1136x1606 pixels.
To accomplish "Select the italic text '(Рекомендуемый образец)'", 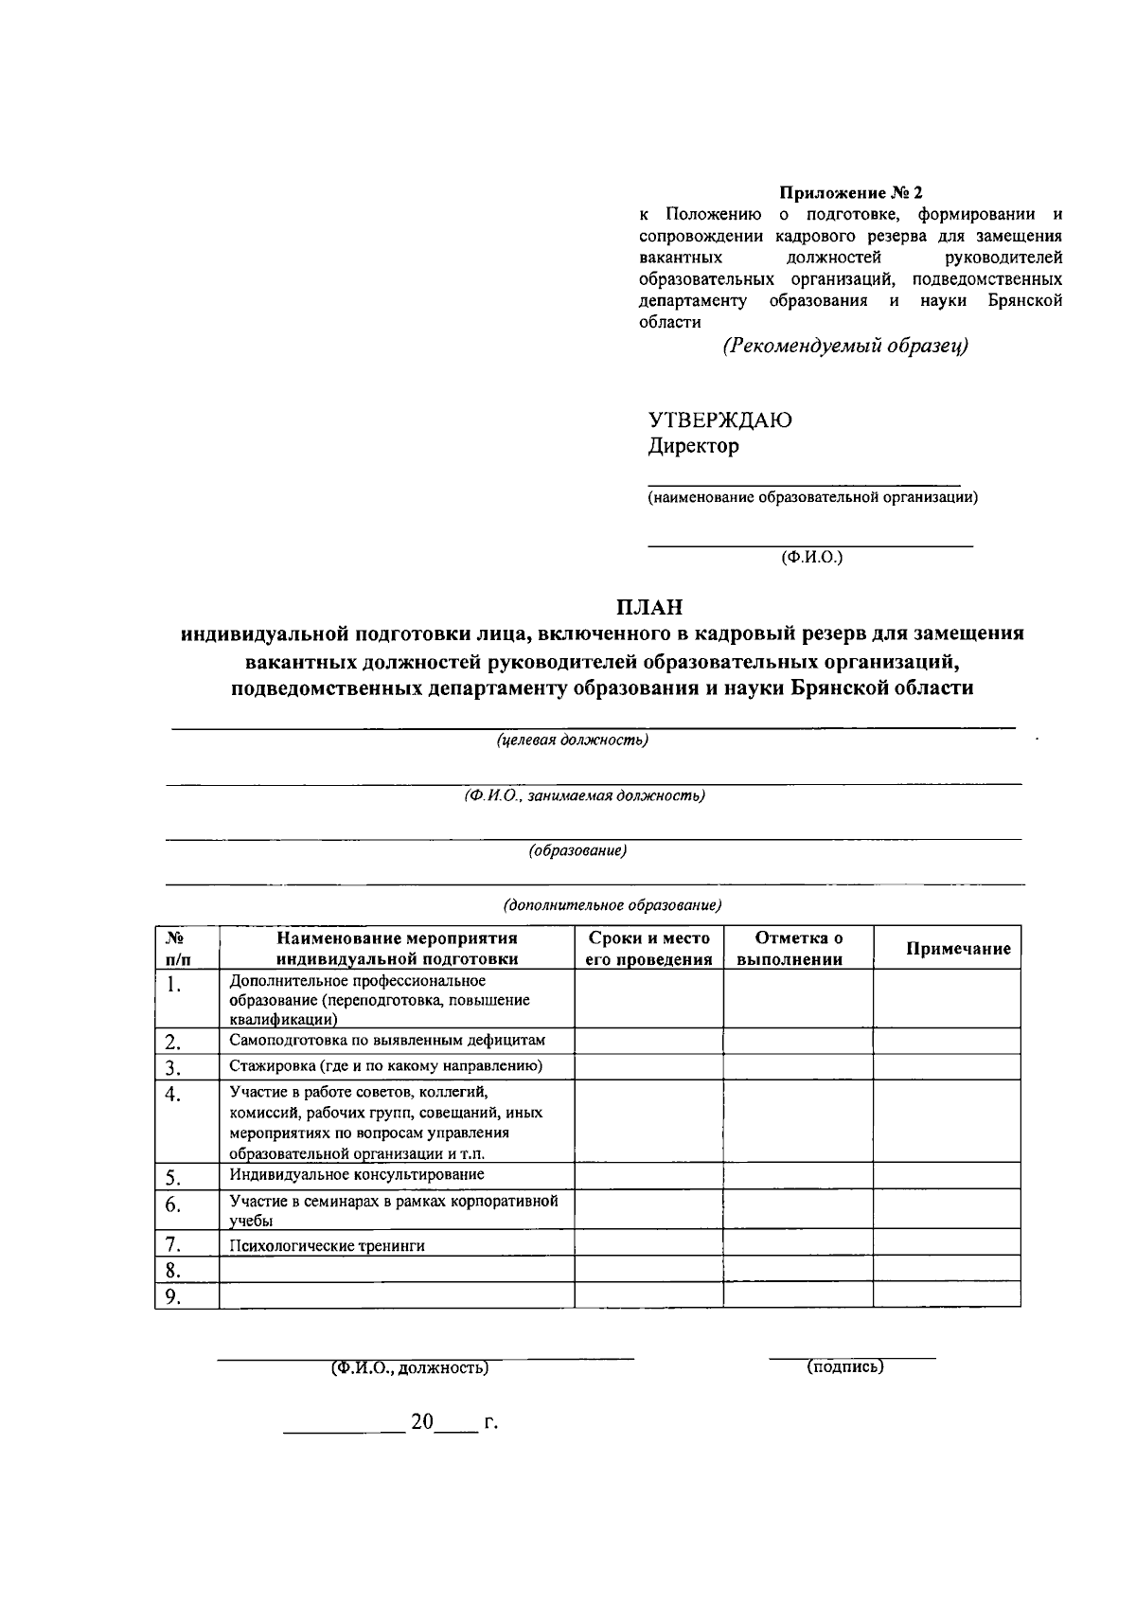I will click(x=845, y=346).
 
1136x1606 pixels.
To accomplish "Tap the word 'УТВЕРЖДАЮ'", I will click(x=719, y=420).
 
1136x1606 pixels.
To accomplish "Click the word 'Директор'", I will click(x=693, y=446).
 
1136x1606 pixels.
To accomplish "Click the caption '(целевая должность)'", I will click(x=572, y=740).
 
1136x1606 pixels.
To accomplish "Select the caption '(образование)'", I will click(x=577, y=850).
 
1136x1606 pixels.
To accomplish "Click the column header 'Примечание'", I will click(x=958, y=949).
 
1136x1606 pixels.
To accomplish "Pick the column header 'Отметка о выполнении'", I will click(x=798, y=949).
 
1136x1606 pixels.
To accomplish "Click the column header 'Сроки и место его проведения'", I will click(x=648, y=949).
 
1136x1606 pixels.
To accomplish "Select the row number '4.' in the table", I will click(x=172, y=1095).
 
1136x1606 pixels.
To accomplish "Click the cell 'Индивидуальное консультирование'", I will click(x=357, y=1175).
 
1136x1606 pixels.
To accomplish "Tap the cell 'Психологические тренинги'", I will click(x=327, y=1246).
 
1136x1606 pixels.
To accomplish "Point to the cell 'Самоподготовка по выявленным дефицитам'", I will click(x=387, y=1041).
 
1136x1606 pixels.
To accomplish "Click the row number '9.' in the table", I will click(x=172, y=1297).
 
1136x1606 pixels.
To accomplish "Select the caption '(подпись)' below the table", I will click(x=844, y=1366).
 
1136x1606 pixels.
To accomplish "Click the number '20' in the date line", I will click(x=421, y=1422).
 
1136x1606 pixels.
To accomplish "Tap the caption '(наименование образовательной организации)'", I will click(x=812, y=497).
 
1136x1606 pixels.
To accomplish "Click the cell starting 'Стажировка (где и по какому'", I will click(x=385, y=1066).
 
